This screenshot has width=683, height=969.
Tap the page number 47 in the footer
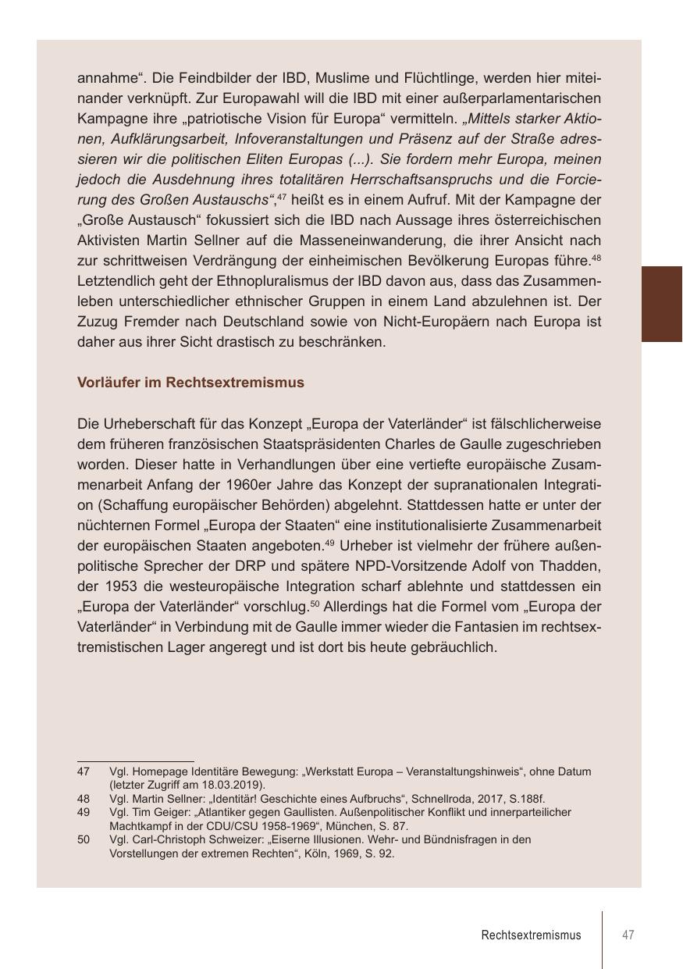point(628,935)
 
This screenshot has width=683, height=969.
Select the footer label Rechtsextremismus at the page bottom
point(531,935)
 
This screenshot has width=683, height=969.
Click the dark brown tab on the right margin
point(662,304)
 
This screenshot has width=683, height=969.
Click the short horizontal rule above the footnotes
point(135,761)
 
